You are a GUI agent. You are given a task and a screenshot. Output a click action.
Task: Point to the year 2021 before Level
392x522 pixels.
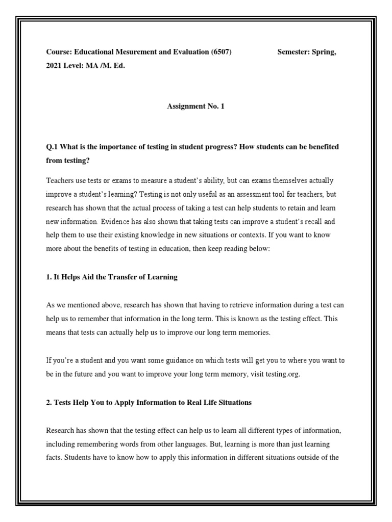54,66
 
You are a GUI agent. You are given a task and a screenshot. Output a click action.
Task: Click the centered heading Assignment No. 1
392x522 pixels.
195,106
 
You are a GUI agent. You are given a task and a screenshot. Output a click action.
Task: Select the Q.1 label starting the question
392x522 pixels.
52,147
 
